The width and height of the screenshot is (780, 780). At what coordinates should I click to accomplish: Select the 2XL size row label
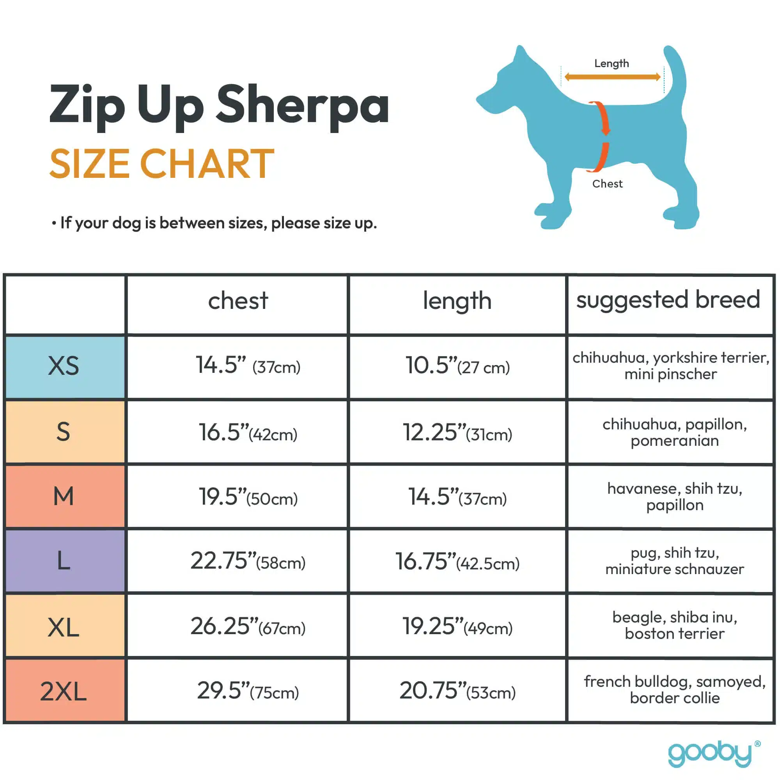pyautogui.click(x=64, y=691)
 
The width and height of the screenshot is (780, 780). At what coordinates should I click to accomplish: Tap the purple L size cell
pyautogui.click(x=64, y=561)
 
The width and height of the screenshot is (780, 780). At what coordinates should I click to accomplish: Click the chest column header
pyautogui.click(x=238, y=301)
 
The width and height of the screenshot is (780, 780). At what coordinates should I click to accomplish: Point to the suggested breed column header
pyautogui.click(x=668, y=300)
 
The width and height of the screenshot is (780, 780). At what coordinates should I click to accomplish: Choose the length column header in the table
pyautogui.click(x=457, y=301)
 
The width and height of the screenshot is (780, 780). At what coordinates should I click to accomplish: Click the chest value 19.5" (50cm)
pyautogui.click(x=248, y=497)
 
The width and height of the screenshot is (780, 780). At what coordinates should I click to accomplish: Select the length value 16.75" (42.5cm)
pyautogui.click(x=457, y=562)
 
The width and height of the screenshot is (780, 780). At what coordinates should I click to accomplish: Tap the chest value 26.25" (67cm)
pyautogui.click(x=248, y=627)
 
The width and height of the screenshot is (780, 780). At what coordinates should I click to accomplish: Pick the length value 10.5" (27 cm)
pyautogui.click(x=457, y=366)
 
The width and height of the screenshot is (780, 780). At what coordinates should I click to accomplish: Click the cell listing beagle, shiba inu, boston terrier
pyautogui.click(x=674, y=626)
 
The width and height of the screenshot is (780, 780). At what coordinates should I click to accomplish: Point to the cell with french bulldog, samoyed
pyautogui.click(x=674, y=690)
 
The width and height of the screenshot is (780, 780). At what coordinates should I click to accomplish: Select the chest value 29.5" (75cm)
pyautogui.click(x=248, y=691)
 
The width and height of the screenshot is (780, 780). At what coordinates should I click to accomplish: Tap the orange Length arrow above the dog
pyautogui.click(x=612, y=77)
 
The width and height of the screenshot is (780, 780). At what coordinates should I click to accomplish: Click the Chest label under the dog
pyautogui.click(x=607, y=184)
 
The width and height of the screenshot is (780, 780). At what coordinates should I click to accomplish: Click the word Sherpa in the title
pyautogui.click(x=302, y=106)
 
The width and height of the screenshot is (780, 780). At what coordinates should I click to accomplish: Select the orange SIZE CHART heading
pyautogui.click(x=162, y=163)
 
